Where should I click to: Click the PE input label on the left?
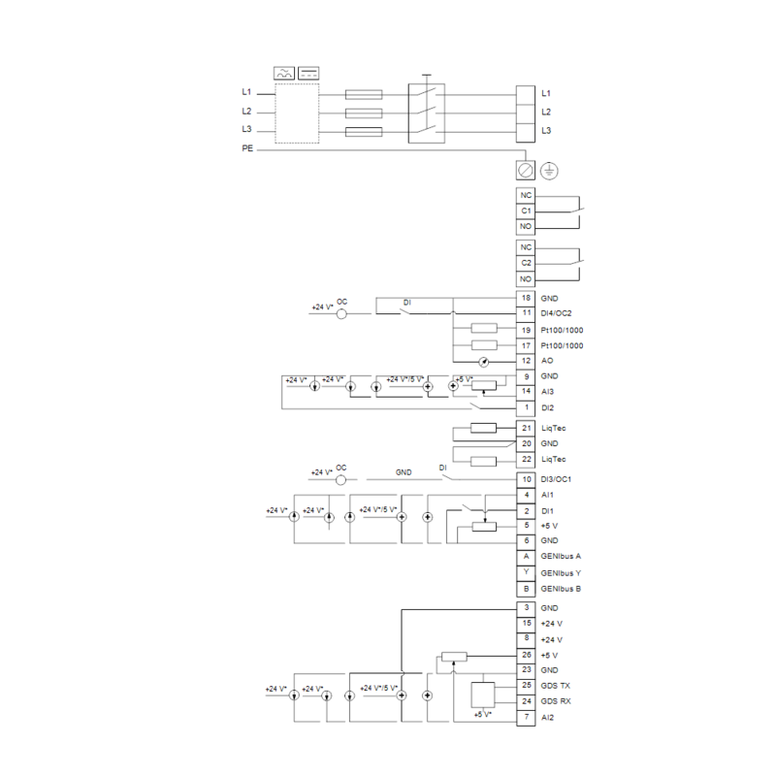coord(247,148)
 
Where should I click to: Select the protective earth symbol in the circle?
coord(549,171)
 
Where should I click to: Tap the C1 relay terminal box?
coord(526,210)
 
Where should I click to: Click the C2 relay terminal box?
coord(526,263)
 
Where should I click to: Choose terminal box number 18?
coord(526,298)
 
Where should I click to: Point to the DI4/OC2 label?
coord(556,313)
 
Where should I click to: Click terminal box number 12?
coord(526,361)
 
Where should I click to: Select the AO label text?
coord(547,361)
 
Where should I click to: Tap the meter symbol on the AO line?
coord(484,362)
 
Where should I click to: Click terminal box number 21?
coord(526,428)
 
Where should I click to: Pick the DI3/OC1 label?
coord(556,479)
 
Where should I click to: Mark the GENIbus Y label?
coord(561,573)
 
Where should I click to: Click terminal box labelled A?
coord(526,556)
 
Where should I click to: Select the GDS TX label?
coord(555,686)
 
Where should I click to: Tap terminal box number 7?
coord(526,717)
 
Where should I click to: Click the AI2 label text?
coord(547,718)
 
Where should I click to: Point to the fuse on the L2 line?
coord(363,113)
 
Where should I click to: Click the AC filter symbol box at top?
coord(284,74)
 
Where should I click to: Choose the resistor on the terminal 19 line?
coord(484,328)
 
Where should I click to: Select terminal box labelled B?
coord(526,589)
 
